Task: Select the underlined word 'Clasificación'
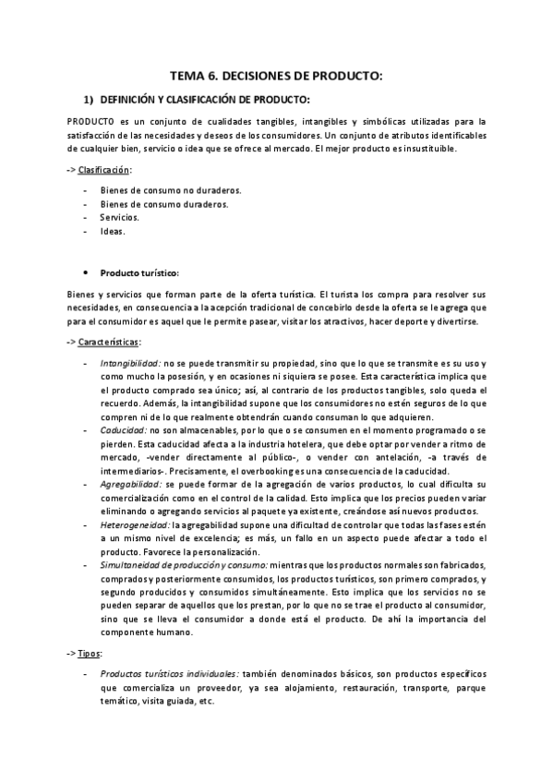104,170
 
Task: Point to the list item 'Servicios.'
120,218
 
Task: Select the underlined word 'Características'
108,343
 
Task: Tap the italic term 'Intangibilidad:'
131,364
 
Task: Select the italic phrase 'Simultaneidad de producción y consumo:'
185,564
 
